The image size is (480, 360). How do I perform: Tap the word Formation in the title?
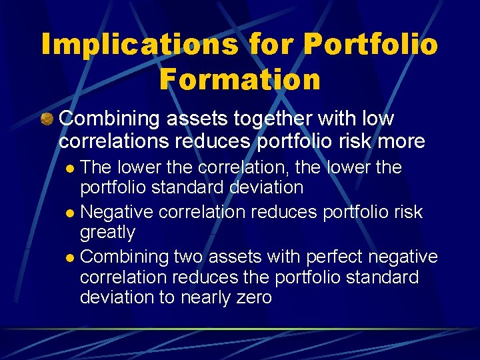coord(240,79)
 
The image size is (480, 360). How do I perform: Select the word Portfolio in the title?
coord(371,44)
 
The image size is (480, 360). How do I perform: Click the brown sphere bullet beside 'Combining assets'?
coord(47,119)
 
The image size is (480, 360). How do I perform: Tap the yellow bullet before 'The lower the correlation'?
coord(73,168)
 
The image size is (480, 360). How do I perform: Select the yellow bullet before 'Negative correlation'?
coord(72,213)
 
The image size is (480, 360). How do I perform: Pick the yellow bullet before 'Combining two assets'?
coord(72,257)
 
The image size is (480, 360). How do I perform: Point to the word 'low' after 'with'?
coord(377,119)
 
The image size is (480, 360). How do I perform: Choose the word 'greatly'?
coord(107,233)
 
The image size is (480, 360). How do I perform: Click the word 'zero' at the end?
coord(254,297)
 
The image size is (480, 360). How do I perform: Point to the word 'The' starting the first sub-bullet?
coord(96,167)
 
